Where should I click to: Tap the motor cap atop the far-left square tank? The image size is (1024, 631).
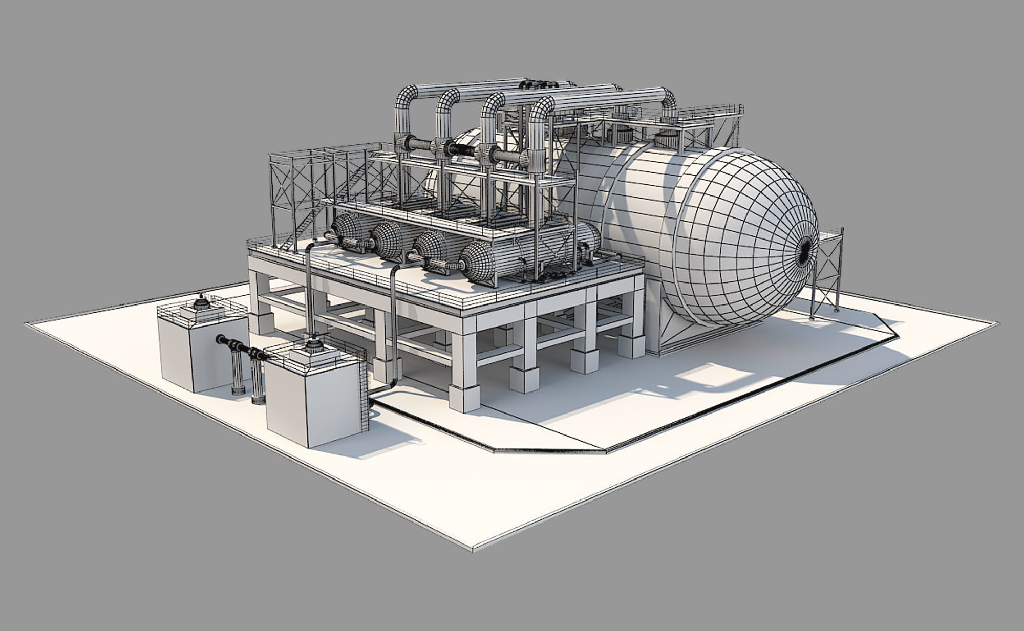[x=201, y=303]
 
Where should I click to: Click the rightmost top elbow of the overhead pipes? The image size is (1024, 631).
[x=668, y=98]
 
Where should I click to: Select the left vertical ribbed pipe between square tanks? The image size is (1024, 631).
[x=237, y=371]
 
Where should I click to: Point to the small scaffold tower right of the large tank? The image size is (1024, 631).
[x=827, y=274]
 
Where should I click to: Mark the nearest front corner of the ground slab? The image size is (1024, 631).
[x=472, y=549]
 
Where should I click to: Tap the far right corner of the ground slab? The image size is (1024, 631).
[x=997, y=323]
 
